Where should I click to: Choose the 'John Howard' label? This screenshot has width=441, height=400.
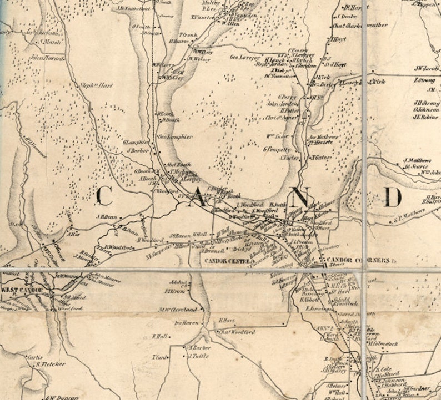click(x=47, y=57)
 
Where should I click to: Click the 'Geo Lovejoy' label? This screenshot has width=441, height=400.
click(x=245, y=57)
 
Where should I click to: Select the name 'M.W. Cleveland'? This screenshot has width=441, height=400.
click(x=178, y=309)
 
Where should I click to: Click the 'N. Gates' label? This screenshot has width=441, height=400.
click(x=321, y=158)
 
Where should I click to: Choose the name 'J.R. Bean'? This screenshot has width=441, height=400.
click(x=107, y=217)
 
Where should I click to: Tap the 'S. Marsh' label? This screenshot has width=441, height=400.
click(x=49, y=40)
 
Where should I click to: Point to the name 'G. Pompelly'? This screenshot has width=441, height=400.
click(x=277, y=150)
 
